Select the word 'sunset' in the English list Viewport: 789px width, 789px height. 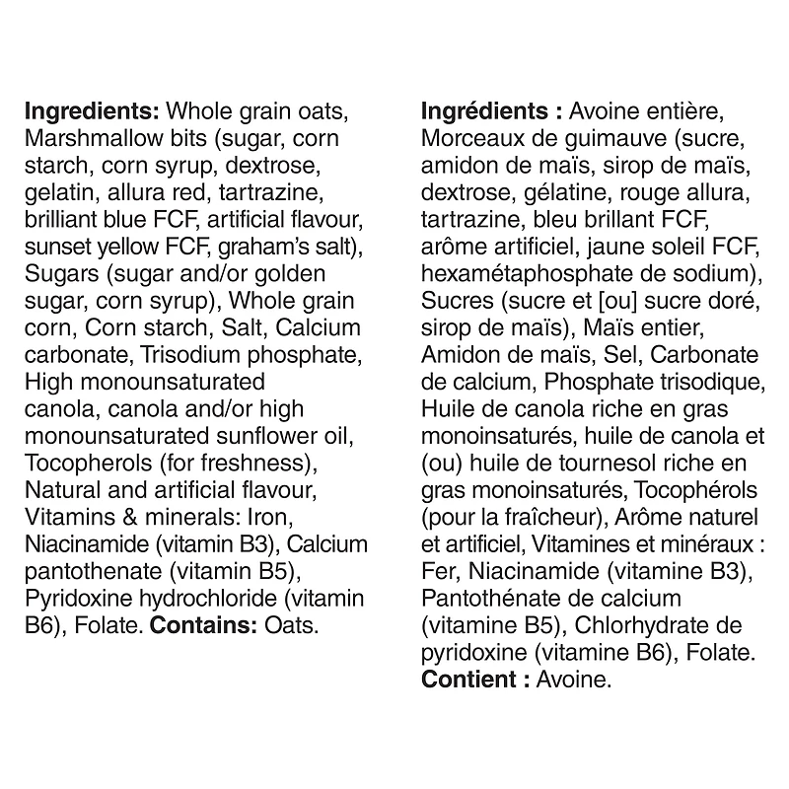56,245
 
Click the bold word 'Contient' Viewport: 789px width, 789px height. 467,680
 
